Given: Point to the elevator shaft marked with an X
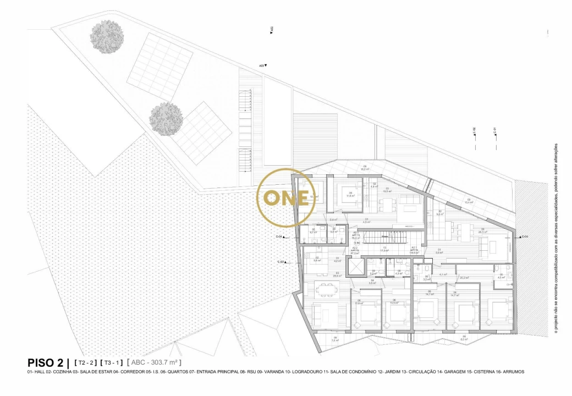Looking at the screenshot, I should coord(356,266).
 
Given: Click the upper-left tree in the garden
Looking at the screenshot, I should coord(106,37).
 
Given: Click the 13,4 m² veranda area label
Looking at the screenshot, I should coord(469,201).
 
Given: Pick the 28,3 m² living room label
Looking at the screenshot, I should coord(482,231).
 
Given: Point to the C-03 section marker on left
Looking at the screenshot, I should coord(282,262).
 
